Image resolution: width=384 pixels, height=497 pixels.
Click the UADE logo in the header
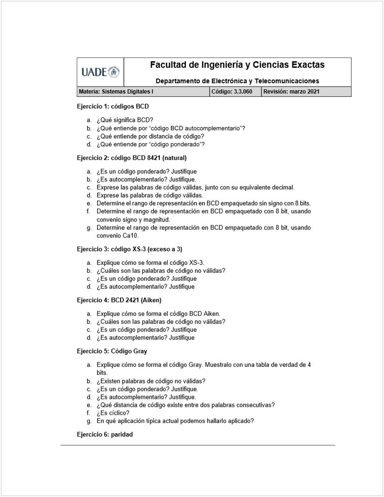tap(100, 72)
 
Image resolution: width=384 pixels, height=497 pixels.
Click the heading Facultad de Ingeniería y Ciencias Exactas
tap(237, 65)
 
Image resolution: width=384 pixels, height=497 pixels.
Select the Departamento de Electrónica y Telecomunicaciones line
tap(237, 81)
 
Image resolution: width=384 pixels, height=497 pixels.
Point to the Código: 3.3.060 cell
tap(232, 92)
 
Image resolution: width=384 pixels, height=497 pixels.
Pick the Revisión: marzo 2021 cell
tap(292, 92)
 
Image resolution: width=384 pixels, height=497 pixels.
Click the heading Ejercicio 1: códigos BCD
tap(113, 106)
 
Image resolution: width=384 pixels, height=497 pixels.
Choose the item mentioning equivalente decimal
tap(195, 188)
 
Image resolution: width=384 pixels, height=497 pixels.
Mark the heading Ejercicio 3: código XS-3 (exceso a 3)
tap(129, 248)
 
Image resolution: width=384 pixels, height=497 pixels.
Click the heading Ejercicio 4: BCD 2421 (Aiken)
tap(119, 300)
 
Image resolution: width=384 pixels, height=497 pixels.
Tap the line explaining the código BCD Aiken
tap(158, 314)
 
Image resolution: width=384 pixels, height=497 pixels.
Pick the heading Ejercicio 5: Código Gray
tap(112, 351)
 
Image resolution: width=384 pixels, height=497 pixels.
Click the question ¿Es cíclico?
tap(113, 413)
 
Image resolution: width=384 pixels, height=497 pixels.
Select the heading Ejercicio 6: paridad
tap(105, 434)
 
